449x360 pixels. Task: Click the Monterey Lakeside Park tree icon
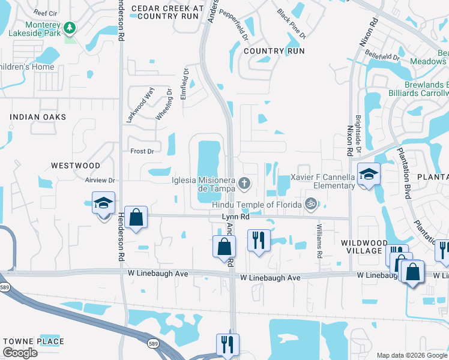tap(70, 28)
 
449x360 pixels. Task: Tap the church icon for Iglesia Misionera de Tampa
tap(244, 182)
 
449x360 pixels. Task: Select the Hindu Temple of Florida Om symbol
tap(310, 205)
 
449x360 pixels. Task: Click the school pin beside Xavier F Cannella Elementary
tap(369, 175)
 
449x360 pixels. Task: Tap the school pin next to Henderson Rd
tap(103, 204)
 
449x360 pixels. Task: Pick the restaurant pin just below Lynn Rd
tap(259, 241)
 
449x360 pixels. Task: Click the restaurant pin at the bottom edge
tap(228, 344)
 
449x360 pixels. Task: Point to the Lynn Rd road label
tap(235, 217)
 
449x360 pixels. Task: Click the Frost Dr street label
tap(142, 152)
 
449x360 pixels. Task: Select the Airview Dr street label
tap(100, 180)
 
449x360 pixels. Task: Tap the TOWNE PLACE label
tap(34, 341)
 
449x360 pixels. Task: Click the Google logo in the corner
tap(20, 353)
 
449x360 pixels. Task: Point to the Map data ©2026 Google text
tap(412, 355)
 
